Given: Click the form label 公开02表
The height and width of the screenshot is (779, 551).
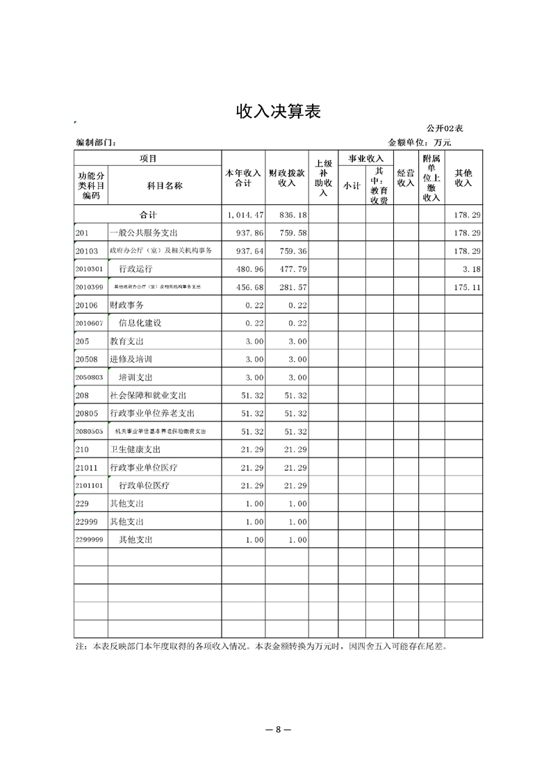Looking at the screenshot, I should point(445,129).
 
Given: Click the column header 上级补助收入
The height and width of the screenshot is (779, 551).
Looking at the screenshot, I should point(323,178).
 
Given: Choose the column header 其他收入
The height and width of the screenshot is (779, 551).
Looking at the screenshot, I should point(463,178).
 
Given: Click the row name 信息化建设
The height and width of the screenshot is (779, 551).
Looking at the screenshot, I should point(140,323).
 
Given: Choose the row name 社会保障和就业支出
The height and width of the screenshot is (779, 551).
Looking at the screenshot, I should point(148,395).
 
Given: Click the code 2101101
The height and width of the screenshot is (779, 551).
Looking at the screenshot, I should point(89,485).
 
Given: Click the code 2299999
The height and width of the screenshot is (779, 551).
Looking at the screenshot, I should point(89,539).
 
